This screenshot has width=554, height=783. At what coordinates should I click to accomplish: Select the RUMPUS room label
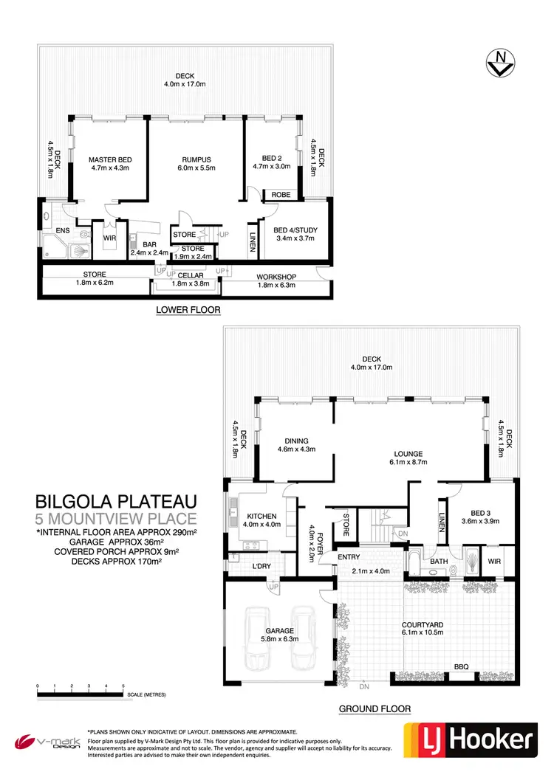196,159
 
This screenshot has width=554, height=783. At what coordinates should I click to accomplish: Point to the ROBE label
281,195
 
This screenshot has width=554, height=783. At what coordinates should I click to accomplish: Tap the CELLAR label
191,275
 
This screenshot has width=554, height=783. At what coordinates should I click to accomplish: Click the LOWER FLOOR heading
188,310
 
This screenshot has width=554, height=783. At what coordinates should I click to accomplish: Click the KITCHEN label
262,517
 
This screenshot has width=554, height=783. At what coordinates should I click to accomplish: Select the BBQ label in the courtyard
461,666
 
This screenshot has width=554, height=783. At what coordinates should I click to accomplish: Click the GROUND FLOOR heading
375,709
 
